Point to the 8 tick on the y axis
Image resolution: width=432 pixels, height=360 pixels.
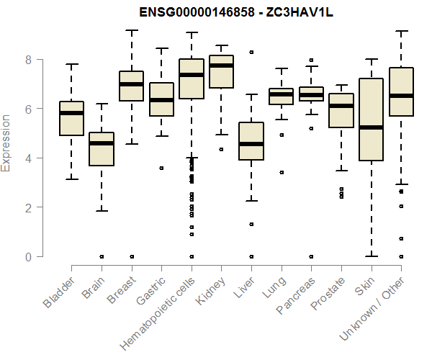coord(29,60)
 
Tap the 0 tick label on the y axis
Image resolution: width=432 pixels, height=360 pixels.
coord(29,256)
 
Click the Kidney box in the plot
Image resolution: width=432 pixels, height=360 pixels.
coord(221,72)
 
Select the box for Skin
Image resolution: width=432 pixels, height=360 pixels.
coord(371,120)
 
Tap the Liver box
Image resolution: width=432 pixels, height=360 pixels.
coord(251,141)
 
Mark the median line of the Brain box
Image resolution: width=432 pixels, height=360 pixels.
coord(102,143)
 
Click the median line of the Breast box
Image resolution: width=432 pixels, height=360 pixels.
coord(131,84)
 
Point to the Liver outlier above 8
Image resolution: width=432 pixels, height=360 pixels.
coord(251,52)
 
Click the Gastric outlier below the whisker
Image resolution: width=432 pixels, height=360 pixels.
coord(161,168)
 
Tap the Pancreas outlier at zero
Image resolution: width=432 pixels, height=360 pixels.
coord(311,256)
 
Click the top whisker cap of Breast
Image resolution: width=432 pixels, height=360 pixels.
coord(131,30)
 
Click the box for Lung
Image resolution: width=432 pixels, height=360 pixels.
coord(281,96)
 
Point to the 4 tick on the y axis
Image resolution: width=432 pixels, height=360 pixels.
coord(29,158)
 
